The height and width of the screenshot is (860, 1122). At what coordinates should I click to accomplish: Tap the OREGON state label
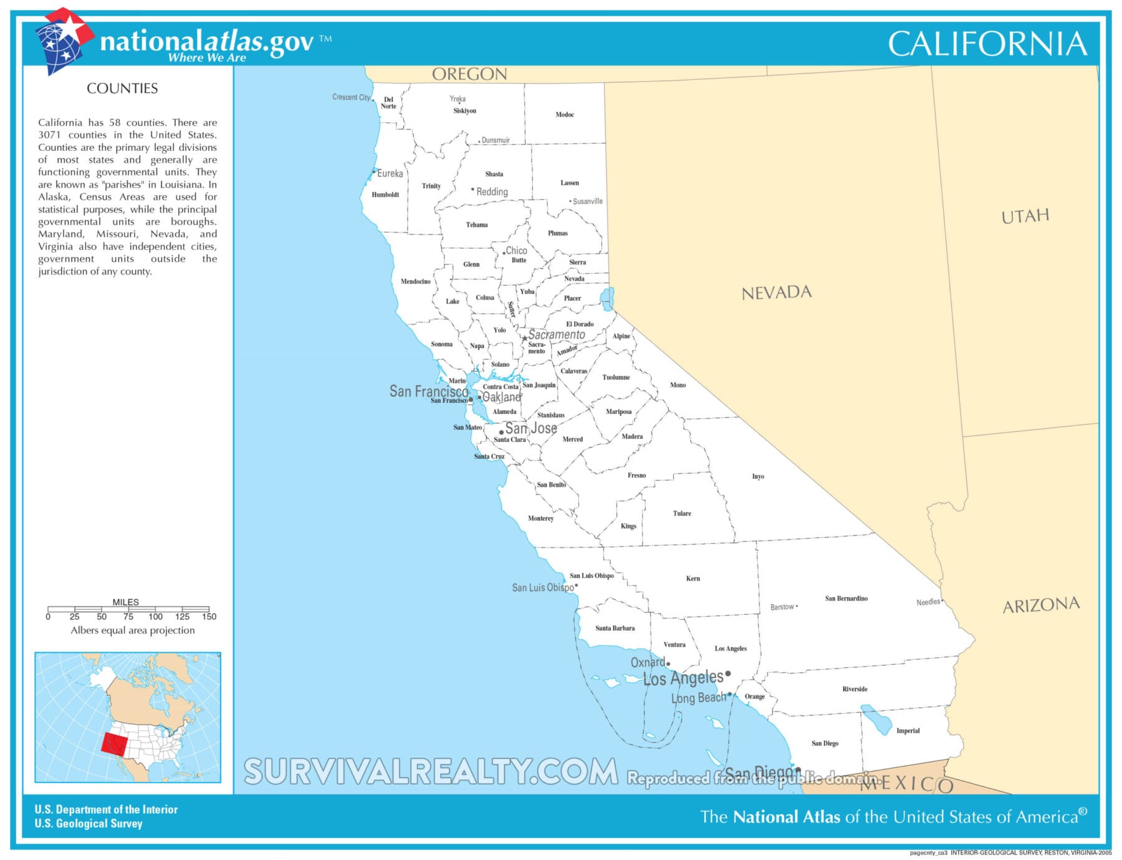[469, 74]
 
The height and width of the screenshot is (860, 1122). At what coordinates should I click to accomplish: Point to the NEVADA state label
[776, 292]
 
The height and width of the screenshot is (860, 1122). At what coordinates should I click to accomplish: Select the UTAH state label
[1025, 216]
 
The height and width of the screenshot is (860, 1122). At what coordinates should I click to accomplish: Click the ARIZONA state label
[1040, 605]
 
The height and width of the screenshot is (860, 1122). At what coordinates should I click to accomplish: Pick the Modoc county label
[565, 115]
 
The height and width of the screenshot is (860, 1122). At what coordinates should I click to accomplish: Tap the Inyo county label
[757, 476]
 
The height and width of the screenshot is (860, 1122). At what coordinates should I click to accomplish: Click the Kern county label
[693, 579]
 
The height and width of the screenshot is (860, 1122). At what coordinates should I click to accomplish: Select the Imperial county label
[908, 731]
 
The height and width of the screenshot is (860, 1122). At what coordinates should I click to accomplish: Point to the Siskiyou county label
[464, 111]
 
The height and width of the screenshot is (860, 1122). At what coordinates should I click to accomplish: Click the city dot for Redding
[472, 190]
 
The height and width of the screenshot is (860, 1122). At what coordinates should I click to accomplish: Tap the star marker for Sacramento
[525, 339]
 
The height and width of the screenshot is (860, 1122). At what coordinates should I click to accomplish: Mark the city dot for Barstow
[797, 606]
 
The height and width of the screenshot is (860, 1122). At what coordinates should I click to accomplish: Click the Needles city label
[928, 602]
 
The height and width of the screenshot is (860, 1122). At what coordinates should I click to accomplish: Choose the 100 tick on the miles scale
[155, 616]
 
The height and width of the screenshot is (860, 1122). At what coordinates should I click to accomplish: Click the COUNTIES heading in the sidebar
[122, 89]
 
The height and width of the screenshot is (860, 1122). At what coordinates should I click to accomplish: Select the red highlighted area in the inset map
[113, 743]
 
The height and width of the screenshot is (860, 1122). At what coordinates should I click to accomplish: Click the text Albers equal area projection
[132, 631]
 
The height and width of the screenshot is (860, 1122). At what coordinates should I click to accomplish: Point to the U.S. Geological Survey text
[89, 824]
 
